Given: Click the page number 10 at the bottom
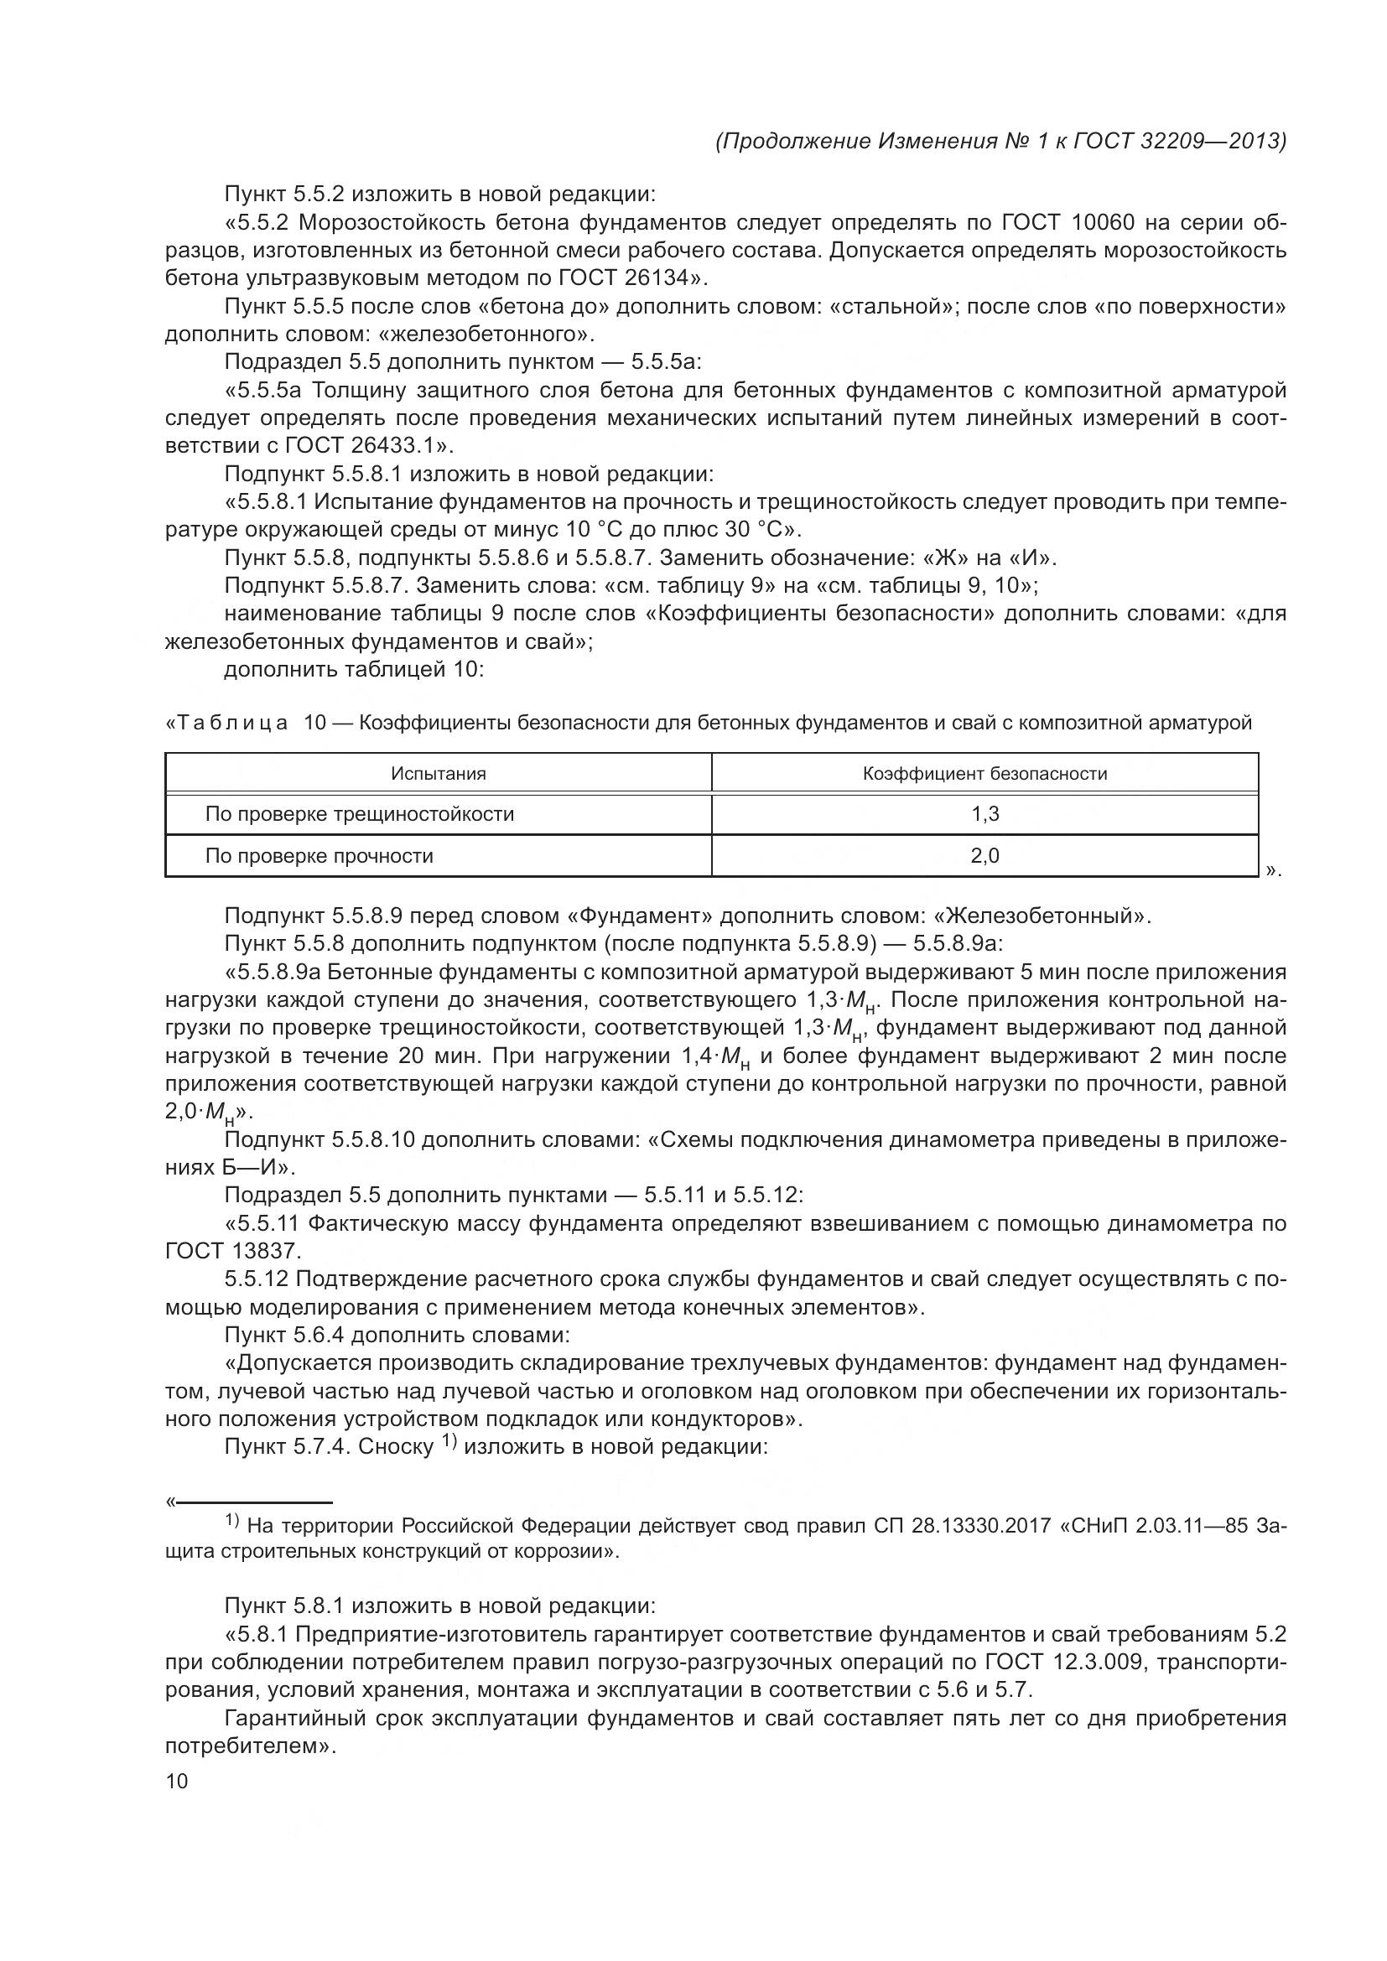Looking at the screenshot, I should tap(176, 1780).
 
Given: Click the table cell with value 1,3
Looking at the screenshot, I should tap(984, 814).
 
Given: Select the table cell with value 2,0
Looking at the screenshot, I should tap(984, 856).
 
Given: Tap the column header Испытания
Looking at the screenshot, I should tap(438, 774).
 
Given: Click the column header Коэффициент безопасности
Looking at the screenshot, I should tap(984, 774).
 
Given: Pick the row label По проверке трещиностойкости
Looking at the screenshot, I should tap(360, 814).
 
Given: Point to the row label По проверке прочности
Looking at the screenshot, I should tap(319, 856).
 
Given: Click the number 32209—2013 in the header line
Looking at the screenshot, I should tap(1211, 141).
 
